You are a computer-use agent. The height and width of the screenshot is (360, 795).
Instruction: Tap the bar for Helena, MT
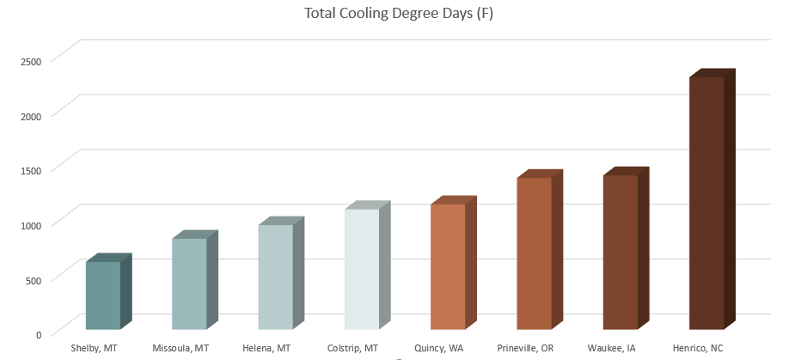pos(275,277)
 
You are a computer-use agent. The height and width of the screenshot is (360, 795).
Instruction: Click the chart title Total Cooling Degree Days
pos(399,15)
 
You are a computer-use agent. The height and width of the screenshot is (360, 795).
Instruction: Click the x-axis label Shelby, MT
pos(95,348)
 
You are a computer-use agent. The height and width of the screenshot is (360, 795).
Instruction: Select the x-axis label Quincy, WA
pos(438,348)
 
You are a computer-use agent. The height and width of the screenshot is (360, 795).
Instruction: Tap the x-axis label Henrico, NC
pos(698,348)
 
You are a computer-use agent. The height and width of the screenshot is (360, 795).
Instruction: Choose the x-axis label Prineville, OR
pos(525,348)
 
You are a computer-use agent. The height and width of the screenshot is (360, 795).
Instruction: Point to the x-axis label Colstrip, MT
pos(352,348)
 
